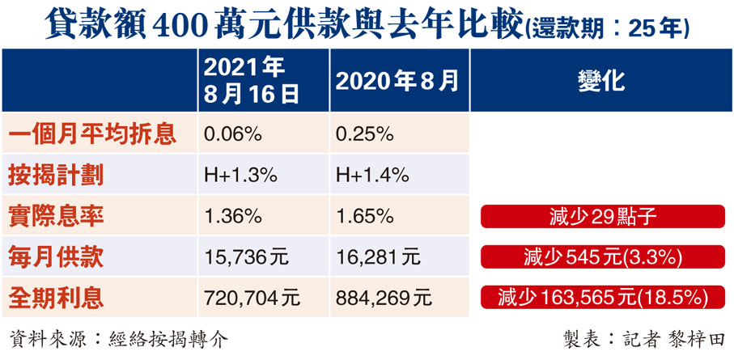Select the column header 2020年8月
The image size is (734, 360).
(x=397, y=80)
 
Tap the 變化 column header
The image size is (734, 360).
(x=600, y=80)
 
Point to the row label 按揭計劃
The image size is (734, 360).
(x=57, y=175)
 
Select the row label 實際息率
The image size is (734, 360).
(x=57, y=216)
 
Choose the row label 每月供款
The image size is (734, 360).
(x=57, y=257)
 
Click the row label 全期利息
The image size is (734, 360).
(x=57, y=298)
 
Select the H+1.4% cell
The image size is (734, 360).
(x=371, y=175)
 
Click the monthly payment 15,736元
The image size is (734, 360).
(x=246, y=257)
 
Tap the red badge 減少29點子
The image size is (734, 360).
(x=600, y=217)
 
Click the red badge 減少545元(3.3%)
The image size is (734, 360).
(x=600, y=257)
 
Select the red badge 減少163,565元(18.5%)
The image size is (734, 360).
(x=600, y=297)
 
